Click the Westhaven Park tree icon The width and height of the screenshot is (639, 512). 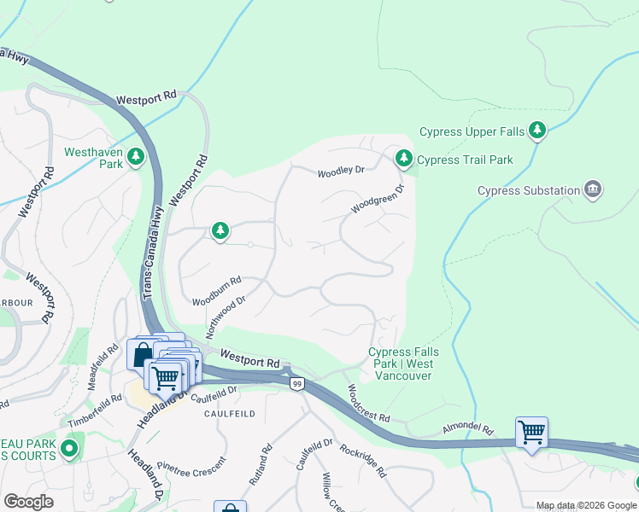click(135, 157)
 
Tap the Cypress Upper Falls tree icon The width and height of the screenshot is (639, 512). click(537, 131)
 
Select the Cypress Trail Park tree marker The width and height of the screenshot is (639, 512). click(404, 159)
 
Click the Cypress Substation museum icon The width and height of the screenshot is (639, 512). click(593, 189)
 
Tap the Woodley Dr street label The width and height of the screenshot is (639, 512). click(341, 172)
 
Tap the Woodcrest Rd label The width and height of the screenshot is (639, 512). click(368, 404)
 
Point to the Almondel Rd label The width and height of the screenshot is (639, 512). click(468, 428)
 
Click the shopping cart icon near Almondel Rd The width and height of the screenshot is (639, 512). click(531, 433)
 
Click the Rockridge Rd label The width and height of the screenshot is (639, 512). click(363, 461)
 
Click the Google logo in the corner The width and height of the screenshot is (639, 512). click(28, 502)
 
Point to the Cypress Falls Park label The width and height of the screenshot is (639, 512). click(403, 364)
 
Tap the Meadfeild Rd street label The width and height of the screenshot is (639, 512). click(105, 365)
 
